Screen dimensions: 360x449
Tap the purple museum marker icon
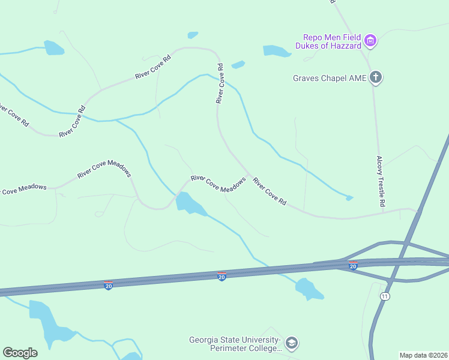[370, 41]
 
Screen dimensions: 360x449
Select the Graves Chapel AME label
[330, 77]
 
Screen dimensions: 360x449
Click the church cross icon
[376, 77]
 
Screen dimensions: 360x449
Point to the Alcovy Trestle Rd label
[380, 182]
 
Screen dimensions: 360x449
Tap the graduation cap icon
[292, 344]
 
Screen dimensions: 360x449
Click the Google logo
[20, 353]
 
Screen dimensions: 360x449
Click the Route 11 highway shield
[384, 296]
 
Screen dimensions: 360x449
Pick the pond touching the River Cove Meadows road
[190, 203]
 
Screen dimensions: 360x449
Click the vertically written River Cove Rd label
[220, 83]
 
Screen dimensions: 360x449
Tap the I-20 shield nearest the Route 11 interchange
[353, 265]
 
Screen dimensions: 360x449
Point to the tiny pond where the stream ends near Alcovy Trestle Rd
[349, 197]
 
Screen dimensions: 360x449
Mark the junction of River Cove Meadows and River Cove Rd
[249, 175]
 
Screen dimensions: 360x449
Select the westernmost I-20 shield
[108, 284]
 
